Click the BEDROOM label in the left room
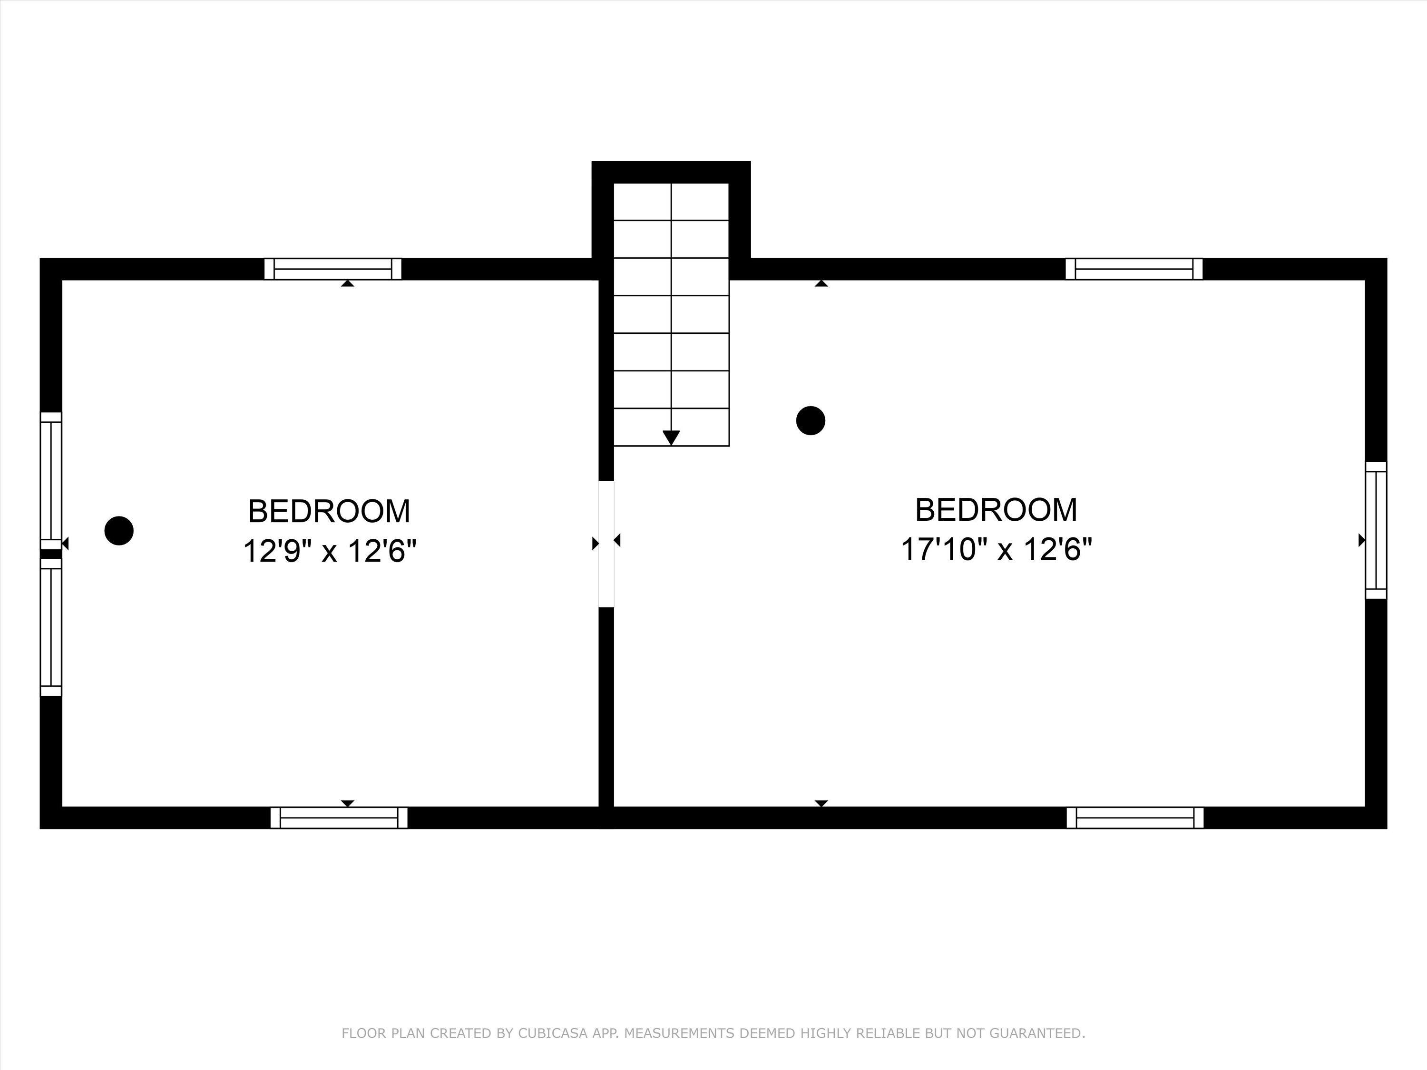pyautogui.click(x=329, y=511)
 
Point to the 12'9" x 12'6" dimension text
pyautogui.click(x=329, y=552)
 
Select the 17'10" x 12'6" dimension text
pyautogui.click(x=996, y=550)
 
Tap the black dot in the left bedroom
pyautogui.click(x=119, y=531)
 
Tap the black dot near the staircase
pyautogui.click(x=811, y=420)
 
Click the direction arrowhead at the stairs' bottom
pyautogui.click(x=671, y=438)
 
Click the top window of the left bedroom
pyautogui.click(x=333, y=269)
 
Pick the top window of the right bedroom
pyautogui.click(x=1134, y=269)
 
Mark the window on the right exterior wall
pyautogui.click(x=1376, y=530)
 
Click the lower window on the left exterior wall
pyautogui.click(x=51, y=627)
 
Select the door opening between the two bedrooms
pyautogui.click(x=606, y=544)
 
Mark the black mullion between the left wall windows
pyautogui.click(x=51, y=554)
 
